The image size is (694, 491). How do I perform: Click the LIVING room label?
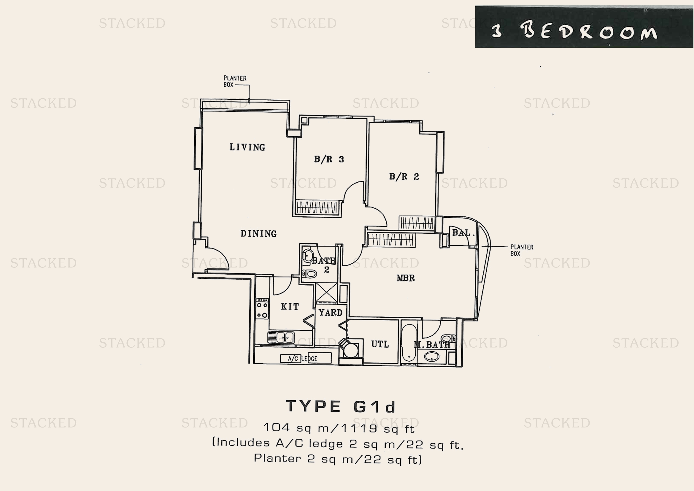click(x=247, y=147)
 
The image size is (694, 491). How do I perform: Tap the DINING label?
click(x=258, y=233)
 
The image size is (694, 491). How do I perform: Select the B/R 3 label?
click(x=329, y=159)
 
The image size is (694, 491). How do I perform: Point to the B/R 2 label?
click(x=404, y=176)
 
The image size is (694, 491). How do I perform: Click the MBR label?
click(x=405, y=278)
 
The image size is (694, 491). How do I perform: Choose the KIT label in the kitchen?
click(x=290, y=307)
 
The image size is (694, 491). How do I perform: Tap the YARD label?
click(x=330, y=312)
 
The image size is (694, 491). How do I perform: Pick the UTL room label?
click(x=380, y=344)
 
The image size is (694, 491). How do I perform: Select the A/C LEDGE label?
click(x=303, y=359)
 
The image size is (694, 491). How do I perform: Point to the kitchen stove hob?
click(x=262, y=308)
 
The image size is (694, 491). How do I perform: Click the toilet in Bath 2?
click(x=309, y=274)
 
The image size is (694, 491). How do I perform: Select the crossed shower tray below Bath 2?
click(x=326, y=292)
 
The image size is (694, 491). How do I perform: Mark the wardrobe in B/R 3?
click(x=317, y=208)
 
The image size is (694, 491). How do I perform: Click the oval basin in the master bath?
click(x=432, y=357)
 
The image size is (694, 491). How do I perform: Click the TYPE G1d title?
click(x=341, y=406)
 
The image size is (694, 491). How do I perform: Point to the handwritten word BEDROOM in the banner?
click(x=588, y=31)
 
